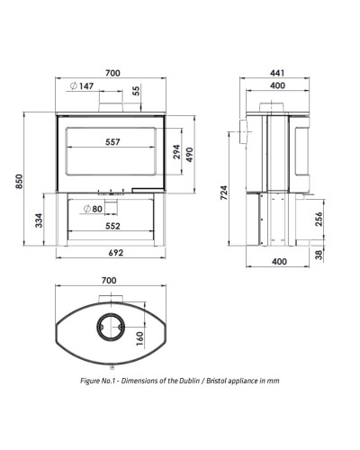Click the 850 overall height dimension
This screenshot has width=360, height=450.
(x=19, y=181)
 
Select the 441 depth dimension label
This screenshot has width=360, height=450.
(x=277, y=73)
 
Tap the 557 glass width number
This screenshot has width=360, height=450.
(x=112, y=142)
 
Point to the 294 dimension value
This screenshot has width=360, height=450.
(x=177, y=152)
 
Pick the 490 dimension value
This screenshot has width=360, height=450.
(x=190, y=155)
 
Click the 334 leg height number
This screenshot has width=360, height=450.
(x=39, y=220)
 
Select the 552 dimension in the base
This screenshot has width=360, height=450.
(x=112, y=226)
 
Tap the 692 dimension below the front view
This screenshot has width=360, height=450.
(x=116, y=253)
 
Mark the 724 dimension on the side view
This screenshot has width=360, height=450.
(x=224, y=193)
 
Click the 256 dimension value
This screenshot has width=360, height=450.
(x=319, y=219)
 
